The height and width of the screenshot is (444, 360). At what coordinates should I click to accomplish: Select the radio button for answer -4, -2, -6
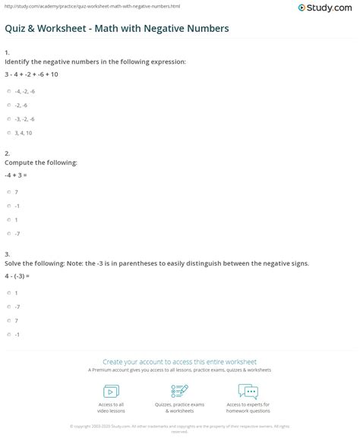pyautogui.click(x=9, y=91)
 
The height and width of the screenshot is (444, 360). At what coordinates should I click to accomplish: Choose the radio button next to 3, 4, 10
pyautogui.click(x=9, y=133)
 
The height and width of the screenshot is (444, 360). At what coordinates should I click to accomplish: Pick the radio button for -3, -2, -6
pyautogui.click(x=9, y=119)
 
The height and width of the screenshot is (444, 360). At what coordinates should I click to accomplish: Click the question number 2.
pyautogui.click(x=6, y=153)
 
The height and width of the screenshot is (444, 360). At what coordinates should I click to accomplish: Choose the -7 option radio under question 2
pyautogui.click(x=9, y=232)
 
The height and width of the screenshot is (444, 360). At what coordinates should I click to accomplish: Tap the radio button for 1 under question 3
pyautogui.click(x=9, y=292)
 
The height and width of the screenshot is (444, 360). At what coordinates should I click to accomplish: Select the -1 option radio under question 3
pyautogui.click(x=9, y=334)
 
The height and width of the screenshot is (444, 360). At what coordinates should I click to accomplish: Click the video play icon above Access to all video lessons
pyautogui.click(x=112, y=392)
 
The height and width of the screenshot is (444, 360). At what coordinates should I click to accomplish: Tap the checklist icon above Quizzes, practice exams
pyautogui.click(x=180, y=392)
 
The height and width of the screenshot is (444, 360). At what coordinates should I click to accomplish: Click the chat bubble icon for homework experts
pyautogui.click(x=248, y=392)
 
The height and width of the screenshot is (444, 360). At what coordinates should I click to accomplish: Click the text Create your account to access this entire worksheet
pyautogui.click(x=180, y=362)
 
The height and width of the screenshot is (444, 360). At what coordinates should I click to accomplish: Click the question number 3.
pyautogui.click(x=6, y=253)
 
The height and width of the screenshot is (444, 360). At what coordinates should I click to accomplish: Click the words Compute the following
pyautogui.click(x=30, y=162)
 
